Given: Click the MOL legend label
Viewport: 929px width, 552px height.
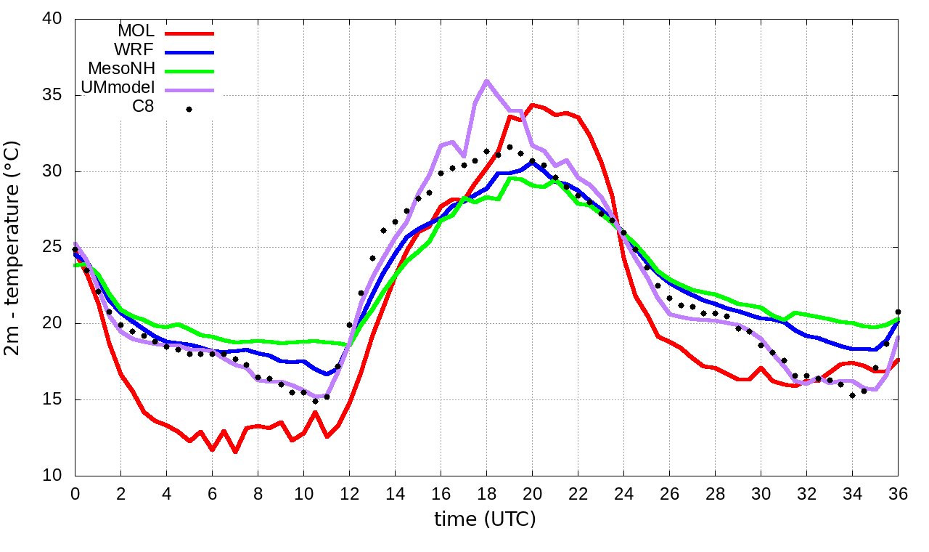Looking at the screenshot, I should click(x=136, y=31).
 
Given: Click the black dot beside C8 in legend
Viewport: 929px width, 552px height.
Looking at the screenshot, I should click(x=189, y=109).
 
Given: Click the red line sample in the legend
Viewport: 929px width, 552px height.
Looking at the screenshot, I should click(x=190, y=33).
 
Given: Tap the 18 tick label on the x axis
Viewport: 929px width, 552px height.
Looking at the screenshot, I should click(x=486, y=494).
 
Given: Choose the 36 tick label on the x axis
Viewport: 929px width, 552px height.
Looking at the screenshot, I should click(x=898, y=494).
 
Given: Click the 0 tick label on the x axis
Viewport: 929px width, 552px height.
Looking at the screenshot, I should click(x=75, y=494).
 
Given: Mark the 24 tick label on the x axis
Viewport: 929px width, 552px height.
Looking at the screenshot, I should click(x=623, y=494).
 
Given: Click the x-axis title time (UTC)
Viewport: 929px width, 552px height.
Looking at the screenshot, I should click(x=485, y=519).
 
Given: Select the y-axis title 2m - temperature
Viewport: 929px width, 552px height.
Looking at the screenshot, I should click(x=13, y=247).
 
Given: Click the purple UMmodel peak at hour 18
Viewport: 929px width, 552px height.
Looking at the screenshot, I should click(x=486, y=81).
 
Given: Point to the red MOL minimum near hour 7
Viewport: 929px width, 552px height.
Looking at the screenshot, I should click(x=235, y=452).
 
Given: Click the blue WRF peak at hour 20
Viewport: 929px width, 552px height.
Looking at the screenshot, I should click(x=532, y=162).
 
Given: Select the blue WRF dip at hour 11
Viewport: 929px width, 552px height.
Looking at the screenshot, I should click(x=327, y=374).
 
